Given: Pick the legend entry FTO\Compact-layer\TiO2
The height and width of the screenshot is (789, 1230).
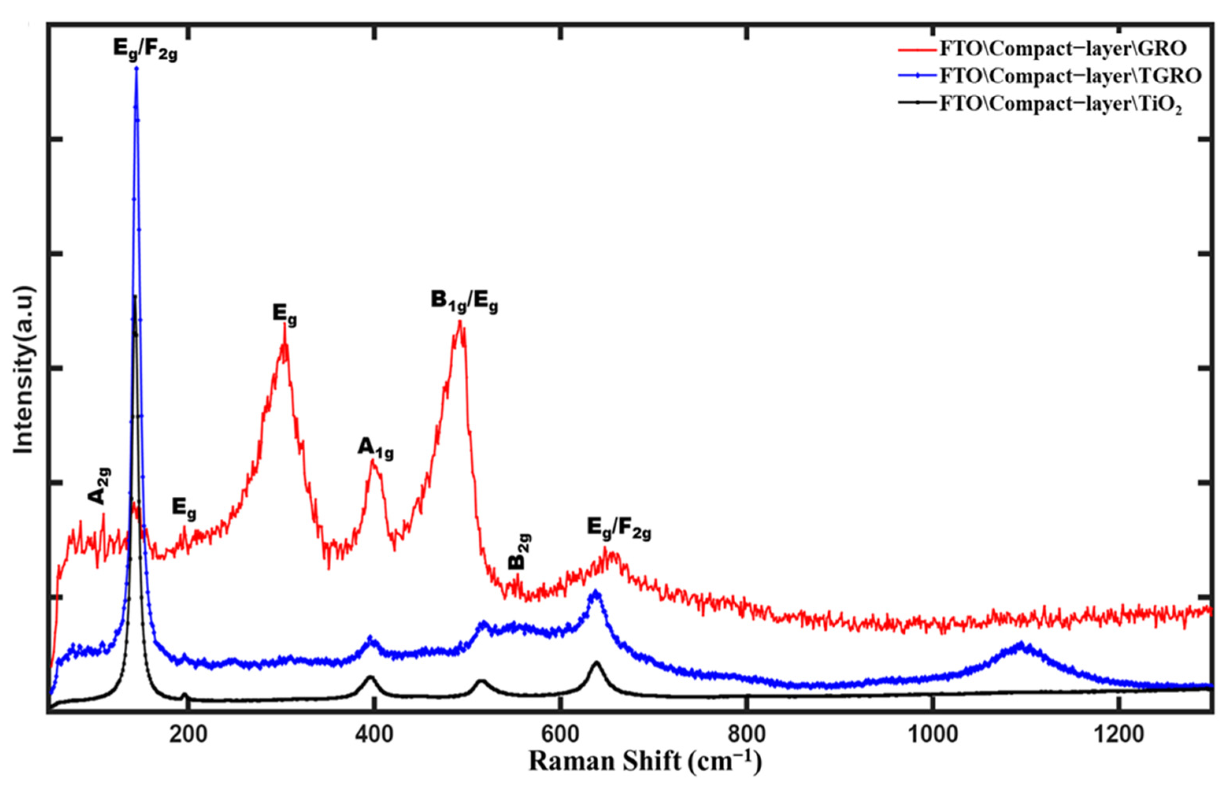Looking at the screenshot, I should (x=1060, y=104).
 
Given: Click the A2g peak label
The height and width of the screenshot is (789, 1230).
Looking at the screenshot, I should (x=99, y=486).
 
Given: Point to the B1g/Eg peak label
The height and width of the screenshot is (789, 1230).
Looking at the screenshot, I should (x=464, y=302).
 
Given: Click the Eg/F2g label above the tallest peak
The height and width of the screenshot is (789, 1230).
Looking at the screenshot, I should (x=145, y=50).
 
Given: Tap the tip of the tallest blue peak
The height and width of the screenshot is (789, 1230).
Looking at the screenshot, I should (x=136, y=68).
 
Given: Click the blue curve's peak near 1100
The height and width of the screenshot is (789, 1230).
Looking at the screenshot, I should (x=1020, y=644).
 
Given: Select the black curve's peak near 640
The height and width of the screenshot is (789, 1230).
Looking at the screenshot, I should (x=596, y=663).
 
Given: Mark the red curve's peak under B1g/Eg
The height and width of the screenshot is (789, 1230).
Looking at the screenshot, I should (x=460, y=322).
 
